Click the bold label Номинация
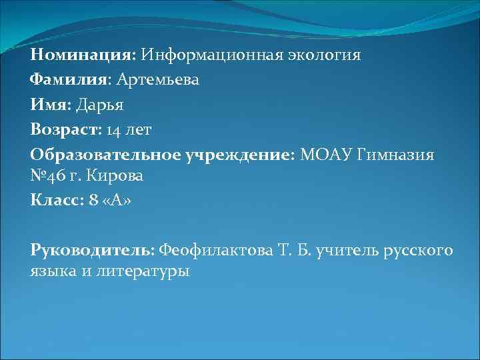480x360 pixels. (82, 55)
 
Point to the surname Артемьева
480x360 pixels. (158, 81)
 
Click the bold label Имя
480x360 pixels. (49, 105)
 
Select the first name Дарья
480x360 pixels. (100, 105)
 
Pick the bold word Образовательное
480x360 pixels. (95, 155)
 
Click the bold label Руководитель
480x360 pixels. (91, 251)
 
